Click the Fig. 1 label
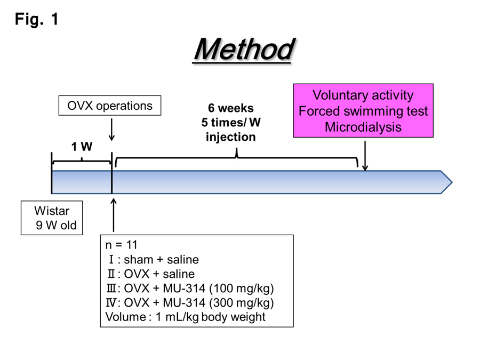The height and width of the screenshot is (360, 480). (x=36, y=20)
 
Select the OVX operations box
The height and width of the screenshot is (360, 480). (x=109, y=106)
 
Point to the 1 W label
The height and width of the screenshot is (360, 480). (x=82, y=147)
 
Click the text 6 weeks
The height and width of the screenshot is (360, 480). (x=231, y=109)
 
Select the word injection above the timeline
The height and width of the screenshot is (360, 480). (x=231, y=137)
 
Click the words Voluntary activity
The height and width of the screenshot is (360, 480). (x=363, y=95)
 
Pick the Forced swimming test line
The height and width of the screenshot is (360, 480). (x=363, y=111)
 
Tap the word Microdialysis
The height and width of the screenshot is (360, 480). (x=363, y=127)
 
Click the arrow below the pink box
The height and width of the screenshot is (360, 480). (x=365, y=156)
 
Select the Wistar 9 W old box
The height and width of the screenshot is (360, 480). (x=52, y=218)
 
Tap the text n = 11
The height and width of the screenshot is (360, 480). (x=121, y=245)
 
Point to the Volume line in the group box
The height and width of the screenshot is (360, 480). (x=185, y=317)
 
